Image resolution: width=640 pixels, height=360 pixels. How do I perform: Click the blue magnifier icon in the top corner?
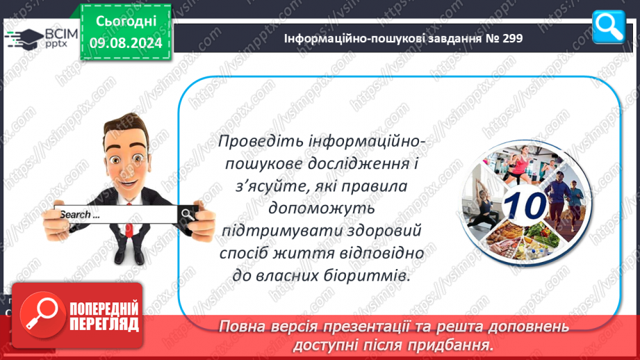pos(608,26)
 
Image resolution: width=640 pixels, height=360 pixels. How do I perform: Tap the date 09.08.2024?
pos(126,43)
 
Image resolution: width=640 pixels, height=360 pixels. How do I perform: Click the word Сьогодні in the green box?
pos(126,22)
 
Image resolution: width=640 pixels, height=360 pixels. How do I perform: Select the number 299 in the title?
pos(513,38)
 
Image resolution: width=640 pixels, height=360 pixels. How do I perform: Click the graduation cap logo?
pos(24,39)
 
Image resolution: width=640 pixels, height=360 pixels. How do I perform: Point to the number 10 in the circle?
pos(525,205)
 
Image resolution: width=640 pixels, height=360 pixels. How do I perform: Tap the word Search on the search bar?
pos(75,215)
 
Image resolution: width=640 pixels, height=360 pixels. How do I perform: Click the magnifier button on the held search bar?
pos(188,214)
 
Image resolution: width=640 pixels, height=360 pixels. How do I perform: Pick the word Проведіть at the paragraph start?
pos(261,142)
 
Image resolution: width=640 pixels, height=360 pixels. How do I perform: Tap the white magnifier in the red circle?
pos(42,313)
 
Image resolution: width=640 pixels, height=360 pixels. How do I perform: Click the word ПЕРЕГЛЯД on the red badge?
pos(104,325)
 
